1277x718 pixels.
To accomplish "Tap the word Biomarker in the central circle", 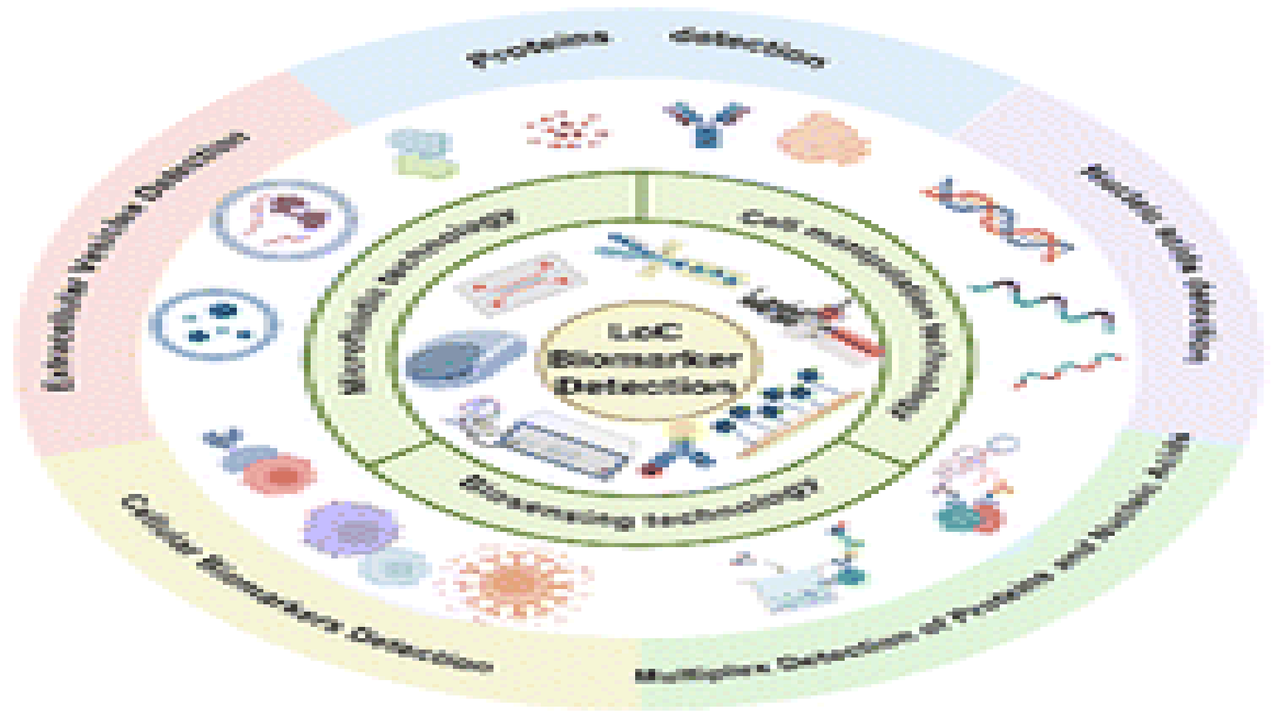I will point(646,360).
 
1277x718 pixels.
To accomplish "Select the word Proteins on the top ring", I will point(539,48).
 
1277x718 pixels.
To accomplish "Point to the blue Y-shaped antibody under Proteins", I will point(707,123).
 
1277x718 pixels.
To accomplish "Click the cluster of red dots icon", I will point(567,130).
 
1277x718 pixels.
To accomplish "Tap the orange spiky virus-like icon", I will point(514,582).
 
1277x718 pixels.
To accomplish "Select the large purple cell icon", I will point(351,529).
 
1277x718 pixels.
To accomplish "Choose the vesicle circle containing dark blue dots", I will point(214,324).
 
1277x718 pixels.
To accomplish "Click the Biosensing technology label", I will point(638,504).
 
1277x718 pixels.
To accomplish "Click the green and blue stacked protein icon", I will point(422,153).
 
